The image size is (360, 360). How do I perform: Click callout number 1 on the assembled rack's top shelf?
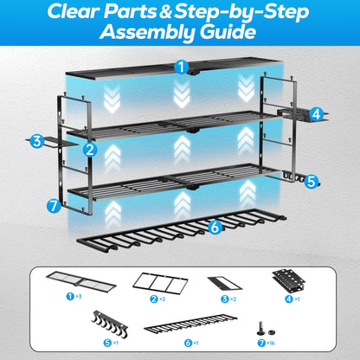(179, 67)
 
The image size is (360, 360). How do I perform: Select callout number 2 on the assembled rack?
(88, 148)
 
